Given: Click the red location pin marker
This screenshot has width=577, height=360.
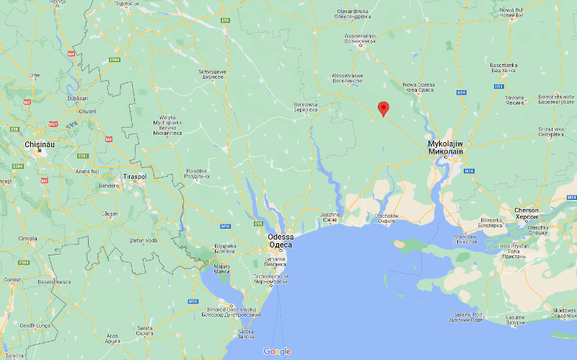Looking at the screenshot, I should [384, 109].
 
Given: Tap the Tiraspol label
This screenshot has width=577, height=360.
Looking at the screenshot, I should [135, 176].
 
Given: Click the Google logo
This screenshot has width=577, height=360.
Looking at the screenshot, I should [277, 351].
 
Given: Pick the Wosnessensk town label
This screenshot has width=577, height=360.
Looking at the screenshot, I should [361, 37].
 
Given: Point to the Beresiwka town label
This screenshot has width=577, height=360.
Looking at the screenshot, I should [307, 106].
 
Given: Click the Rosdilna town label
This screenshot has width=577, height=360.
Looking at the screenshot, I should [196, 174].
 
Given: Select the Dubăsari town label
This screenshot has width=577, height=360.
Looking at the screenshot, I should [76, 98].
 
